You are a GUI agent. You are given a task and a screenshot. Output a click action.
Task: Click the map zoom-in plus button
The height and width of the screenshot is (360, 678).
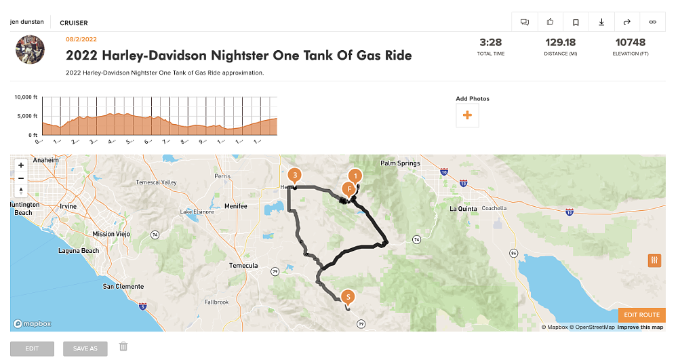point(21,165)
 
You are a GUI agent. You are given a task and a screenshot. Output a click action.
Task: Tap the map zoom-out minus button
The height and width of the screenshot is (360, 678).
point(21,178)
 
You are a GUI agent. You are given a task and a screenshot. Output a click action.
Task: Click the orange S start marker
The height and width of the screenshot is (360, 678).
point(348,297)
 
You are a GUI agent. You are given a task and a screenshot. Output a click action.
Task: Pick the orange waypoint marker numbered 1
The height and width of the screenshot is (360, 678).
point(355,175)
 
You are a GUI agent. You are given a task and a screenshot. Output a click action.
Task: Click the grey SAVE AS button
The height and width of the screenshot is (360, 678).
point(85,348)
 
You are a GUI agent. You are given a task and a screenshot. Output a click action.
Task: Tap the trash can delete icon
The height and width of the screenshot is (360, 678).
point(123,346)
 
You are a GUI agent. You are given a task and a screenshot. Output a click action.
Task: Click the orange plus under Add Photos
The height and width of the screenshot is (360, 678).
point(467,116)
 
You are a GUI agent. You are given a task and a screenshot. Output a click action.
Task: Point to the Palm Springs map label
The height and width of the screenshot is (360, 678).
point(400,163)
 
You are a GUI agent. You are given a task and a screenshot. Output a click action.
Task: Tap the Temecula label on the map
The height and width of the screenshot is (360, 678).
point(243,266)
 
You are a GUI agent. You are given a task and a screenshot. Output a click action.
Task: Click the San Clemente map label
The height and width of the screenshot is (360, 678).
point(123,287)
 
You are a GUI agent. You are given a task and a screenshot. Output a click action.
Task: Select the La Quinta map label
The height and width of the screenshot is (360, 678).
point(464,209)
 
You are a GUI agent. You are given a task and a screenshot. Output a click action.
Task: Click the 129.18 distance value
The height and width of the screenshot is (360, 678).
point(560,42)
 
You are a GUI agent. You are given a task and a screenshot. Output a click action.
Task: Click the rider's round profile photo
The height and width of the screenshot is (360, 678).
point(30,50)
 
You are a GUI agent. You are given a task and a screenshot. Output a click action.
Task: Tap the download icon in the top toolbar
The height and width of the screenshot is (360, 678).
point(601,22)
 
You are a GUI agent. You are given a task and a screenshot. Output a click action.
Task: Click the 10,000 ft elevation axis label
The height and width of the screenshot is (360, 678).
point(26,98)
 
